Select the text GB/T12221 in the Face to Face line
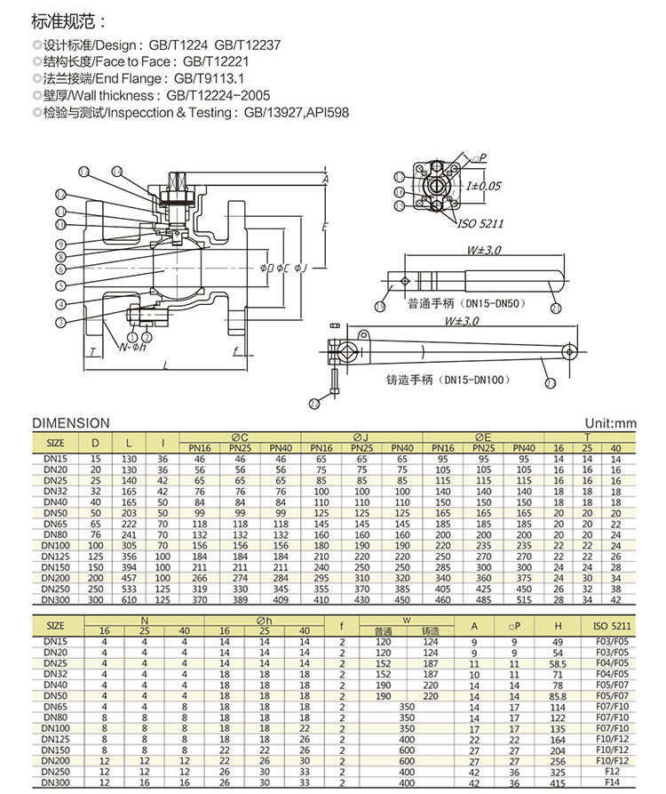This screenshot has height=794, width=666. (x=215, y=62)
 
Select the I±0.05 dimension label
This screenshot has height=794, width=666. (x=484, y=185)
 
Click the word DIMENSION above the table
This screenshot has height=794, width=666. (x=70, y=423)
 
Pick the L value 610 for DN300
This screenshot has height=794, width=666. (x=131, y=600)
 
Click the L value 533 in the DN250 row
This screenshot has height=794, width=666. (x=131, y=589)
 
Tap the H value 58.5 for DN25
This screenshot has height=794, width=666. (x=557, y=662)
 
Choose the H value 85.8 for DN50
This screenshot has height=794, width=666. (x=557, y=697)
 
